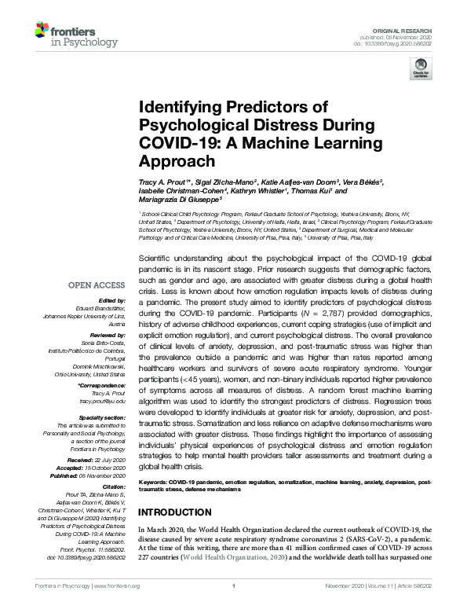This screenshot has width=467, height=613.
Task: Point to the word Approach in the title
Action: (x=177, y=161)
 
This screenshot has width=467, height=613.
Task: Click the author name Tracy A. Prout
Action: (x=163, y=182)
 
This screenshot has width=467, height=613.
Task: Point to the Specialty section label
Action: (x=104, y=418)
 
